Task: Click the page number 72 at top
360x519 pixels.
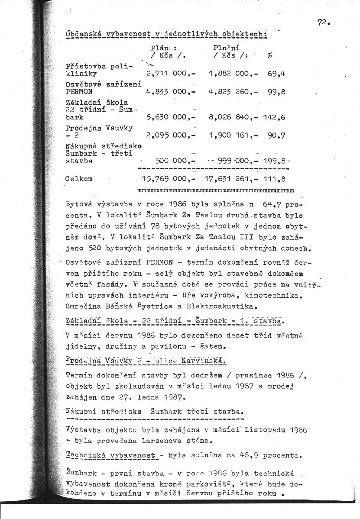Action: tap(322, 23)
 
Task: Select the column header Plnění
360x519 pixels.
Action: tap(227, 48)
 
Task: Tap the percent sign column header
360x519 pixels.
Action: tap(269, 55)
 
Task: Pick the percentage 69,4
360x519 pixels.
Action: tap(276, 74)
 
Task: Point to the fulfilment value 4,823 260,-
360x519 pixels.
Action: tap(233, 92)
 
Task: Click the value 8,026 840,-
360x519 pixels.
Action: tap(233, 117)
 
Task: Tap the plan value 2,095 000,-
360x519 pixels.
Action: tap(172, 135)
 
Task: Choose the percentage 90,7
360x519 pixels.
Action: tap(276, 135)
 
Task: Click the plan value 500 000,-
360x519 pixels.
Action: tap(177, 160)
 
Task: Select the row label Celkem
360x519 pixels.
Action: tap(78, 178)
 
